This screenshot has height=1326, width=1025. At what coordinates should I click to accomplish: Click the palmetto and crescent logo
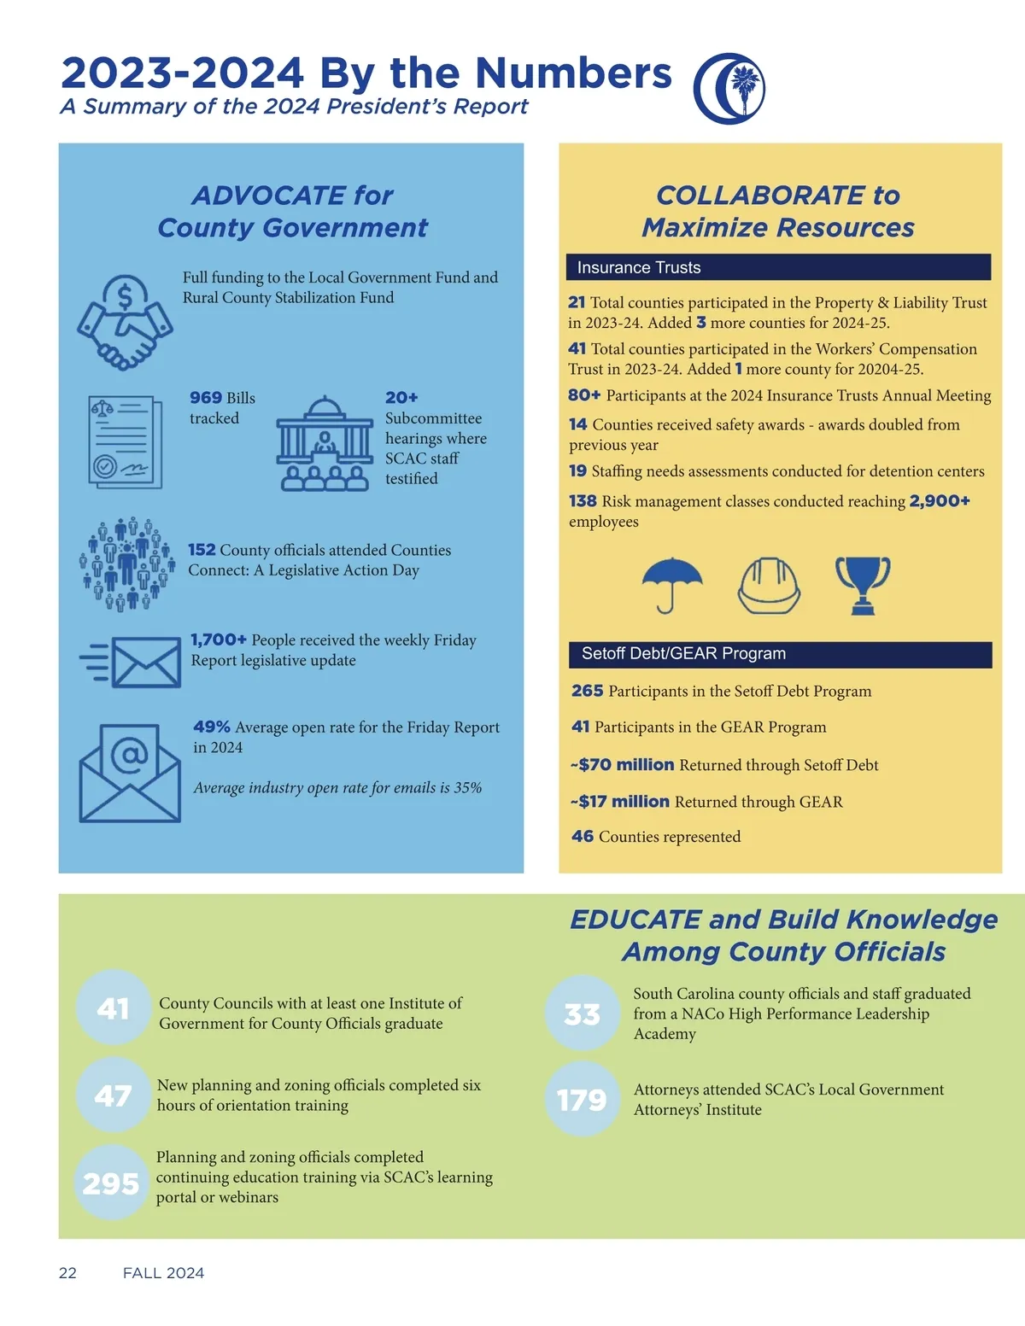click(x=729, y=88)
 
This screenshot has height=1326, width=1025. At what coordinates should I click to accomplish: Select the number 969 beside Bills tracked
click(x=206, y=398)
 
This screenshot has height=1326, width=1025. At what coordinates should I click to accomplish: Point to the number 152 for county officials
click(x=202, y=550)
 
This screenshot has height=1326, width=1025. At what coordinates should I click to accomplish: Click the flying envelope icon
click(x=132, y=661)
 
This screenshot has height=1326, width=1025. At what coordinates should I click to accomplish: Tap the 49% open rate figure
click(x=212, y=727)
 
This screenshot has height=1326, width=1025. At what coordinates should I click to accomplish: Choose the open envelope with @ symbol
click(x=130, y=773)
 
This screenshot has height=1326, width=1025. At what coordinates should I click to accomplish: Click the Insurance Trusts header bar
click(x=777, y=267)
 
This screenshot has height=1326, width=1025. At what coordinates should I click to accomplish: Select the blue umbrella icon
click(x=672, y=585)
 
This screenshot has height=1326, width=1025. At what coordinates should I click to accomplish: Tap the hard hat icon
click(x=769, y=586)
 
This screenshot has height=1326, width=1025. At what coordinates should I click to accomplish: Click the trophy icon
click(x=863, y=585)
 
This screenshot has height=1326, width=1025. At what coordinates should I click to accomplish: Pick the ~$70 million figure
click(x=623, y=765)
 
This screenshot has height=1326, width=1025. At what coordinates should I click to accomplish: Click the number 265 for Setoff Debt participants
click(x=588, y=691)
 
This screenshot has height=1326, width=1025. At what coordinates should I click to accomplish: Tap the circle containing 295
click(x=112, y=1183)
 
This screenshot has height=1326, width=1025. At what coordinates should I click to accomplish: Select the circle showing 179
click(x=583, y=1100)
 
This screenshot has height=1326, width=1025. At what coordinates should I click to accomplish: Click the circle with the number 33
click(x=583, y=1013)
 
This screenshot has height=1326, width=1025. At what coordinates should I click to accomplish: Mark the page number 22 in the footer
click(x=67, y=1273)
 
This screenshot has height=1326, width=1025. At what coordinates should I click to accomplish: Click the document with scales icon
click(x=125, y=441)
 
